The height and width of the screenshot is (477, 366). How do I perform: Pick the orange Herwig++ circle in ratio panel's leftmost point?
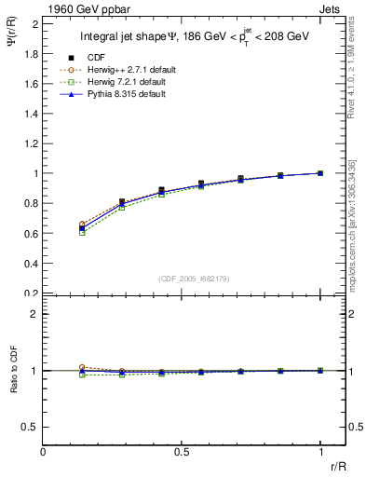pos(83,367)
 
